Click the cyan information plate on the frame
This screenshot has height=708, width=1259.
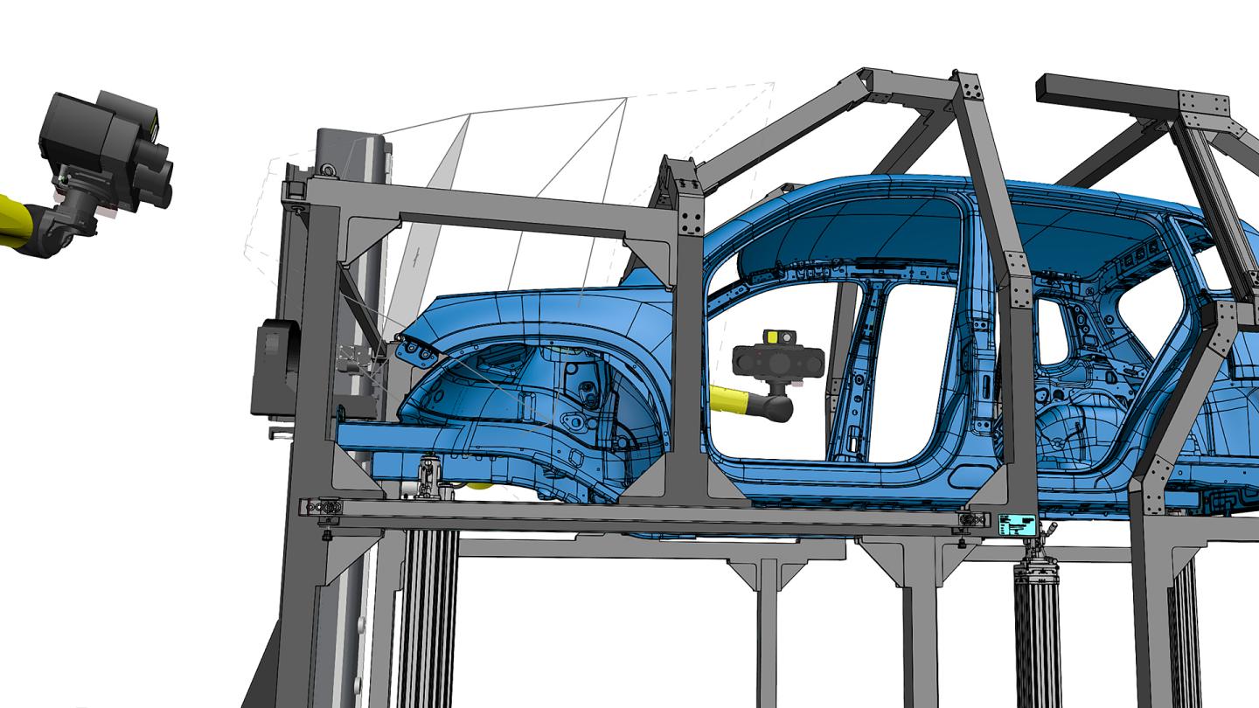(1017, 524)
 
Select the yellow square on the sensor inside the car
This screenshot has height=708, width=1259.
(776, 337)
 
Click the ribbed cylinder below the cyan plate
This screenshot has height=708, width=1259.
(1038, 629)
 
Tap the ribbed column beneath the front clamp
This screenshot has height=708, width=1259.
(428, 612)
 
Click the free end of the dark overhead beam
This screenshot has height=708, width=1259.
(1049, 87)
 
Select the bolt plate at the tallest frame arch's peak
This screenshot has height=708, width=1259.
(969, 88)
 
